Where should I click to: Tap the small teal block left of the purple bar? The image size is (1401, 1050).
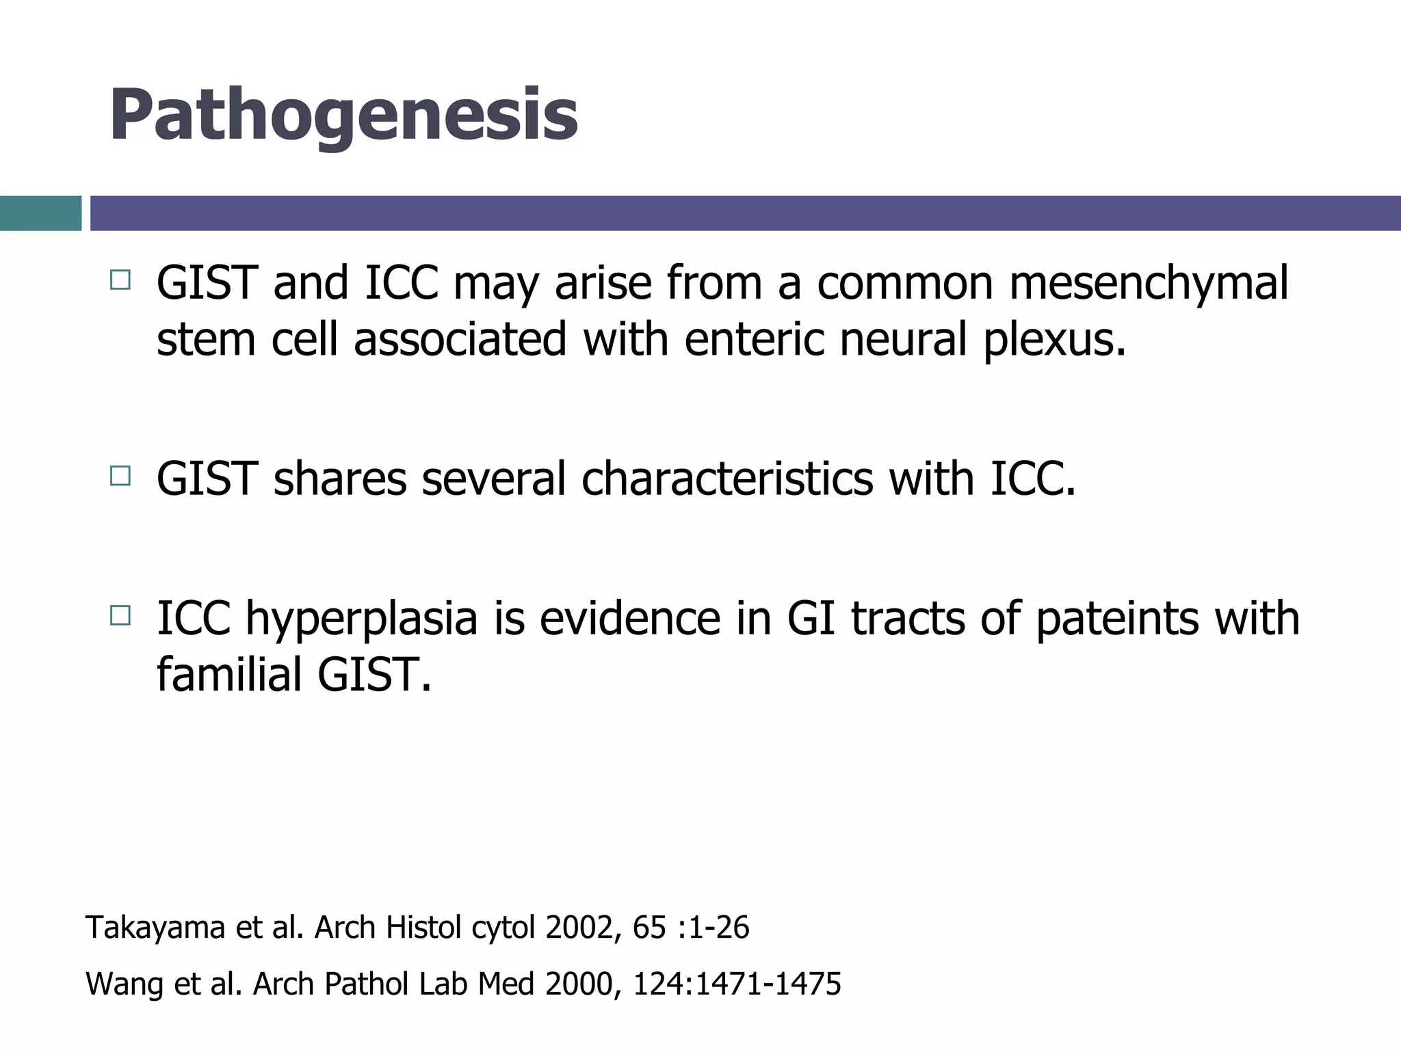coord(40,213)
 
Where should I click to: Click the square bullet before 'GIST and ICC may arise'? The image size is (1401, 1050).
coord(120,280)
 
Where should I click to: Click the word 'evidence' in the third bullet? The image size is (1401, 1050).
coord(629,618)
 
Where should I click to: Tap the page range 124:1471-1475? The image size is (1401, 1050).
coord(737,984)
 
